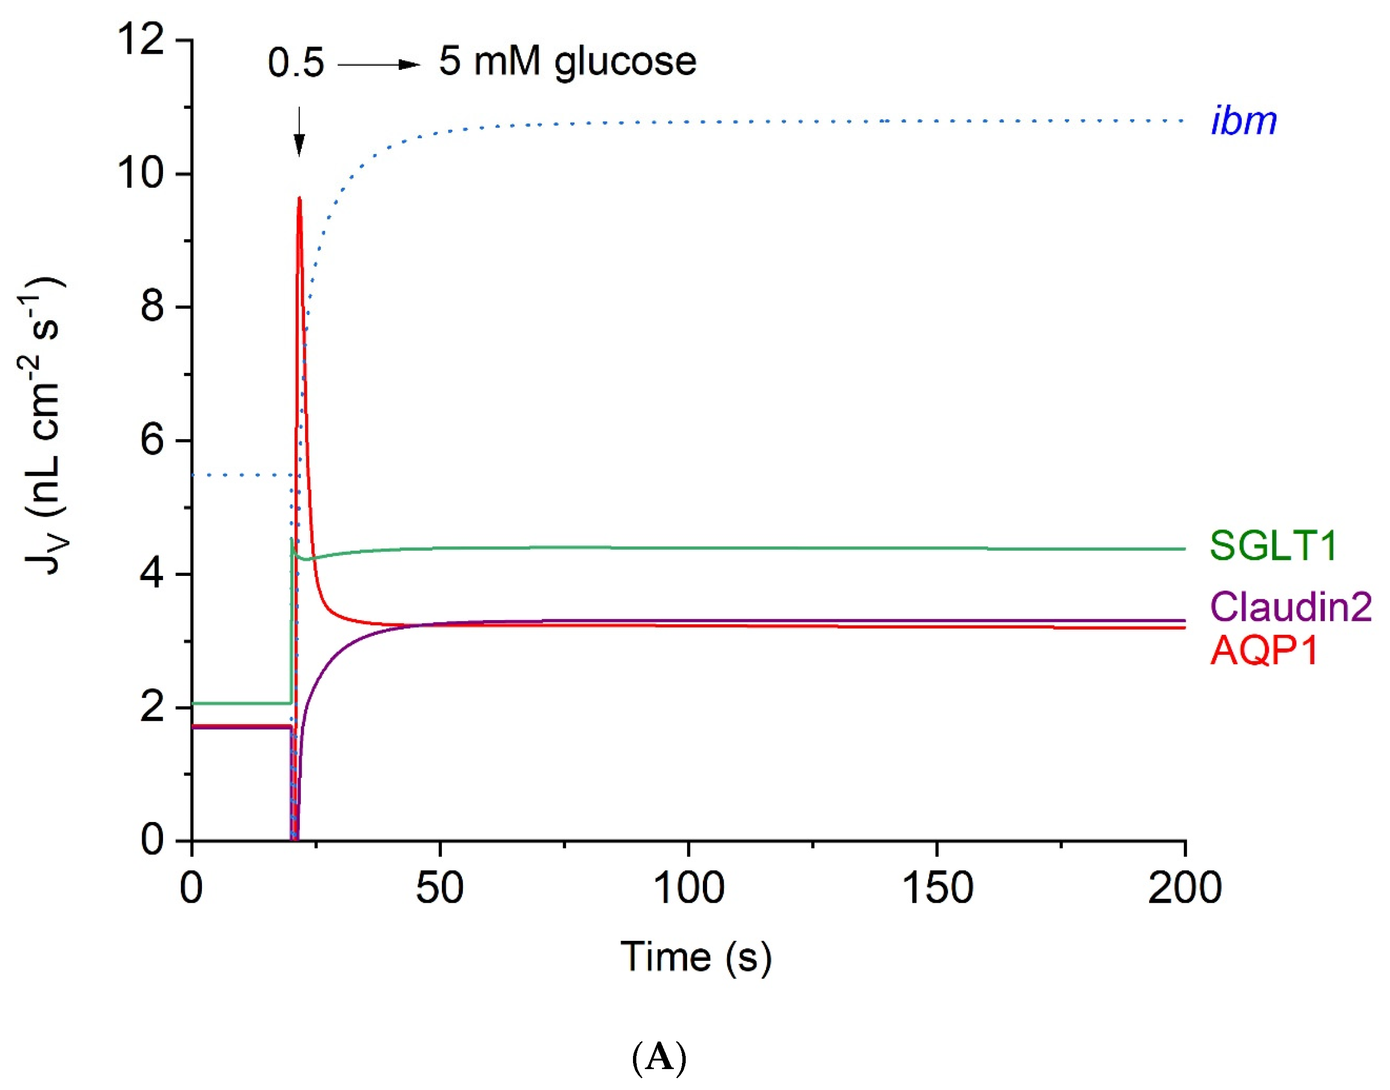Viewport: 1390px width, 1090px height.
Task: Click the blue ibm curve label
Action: pos(1243,121)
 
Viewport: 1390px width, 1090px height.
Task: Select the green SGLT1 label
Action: pos(1273,546)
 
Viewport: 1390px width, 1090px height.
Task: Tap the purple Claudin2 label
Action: pos(1290,606)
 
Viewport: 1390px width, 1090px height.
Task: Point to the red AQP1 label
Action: pos(1264,651)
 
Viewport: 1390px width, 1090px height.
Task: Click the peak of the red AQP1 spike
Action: pos(299,199)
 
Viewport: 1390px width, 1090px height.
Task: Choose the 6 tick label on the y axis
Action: pos(153,440)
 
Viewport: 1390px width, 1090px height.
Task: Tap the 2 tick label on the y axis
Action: pos(153,707)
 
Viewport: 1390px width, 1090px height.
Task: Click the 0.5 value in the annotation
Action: pos(296,63)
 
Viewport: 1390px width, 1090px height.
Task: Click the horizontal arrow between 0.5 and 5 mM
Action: pos(378,65)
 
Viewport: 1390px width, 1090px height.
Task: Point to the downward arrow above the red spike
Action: pos(299,131)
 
